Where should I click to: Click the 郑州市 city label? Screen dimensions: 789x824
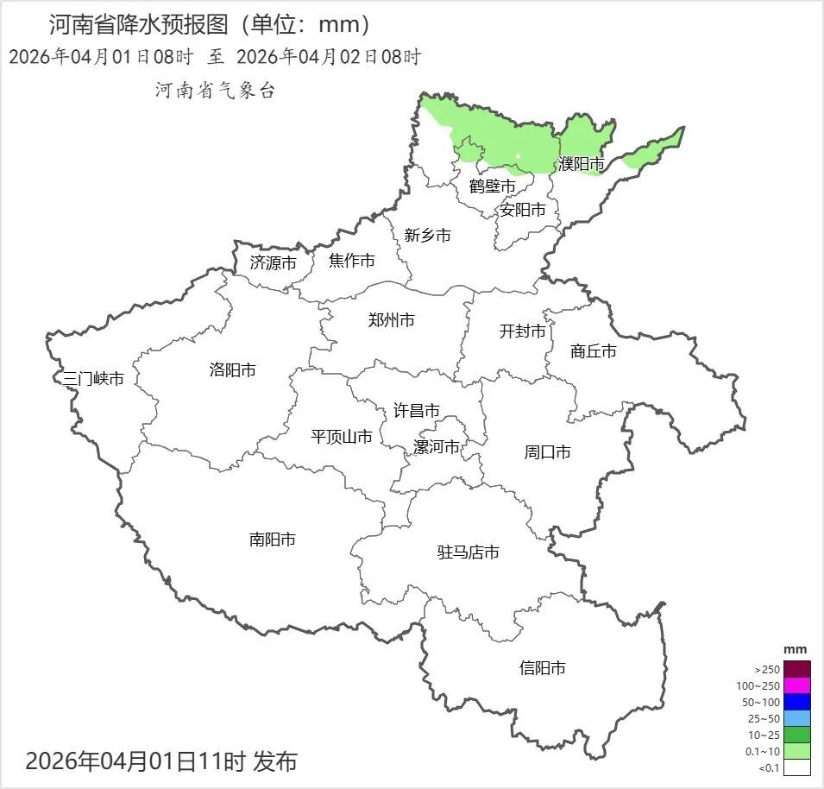(x=391, y=320)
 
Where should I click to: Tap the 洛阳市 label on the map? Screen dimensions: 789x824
(x=232, y=370)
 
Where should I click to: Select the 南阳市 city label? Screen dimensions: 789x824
(x=272, y=540)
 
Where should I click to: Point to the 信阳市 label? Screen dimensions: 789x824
(x=543, y=667)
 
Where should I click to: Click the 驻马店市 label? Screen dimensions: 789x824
(x=468, y=552)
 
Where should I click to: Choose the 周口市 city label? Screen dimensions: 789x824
(x=547, y=452)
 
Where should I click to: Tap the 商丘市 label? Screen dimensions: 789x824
(x=593, y=351)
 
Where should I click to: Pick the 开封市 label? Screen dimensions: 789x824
(x=522, y=331)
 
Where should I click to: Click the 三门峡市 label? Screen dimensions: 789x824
(x=93, y=379)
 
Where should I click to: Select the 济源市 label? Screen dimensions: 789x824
(x=273, y=263)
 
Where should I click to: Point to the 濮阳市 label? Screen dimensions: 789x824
(x=581, y=164)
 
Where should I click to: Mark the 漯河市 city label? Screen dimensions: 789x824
(x=436, y=447)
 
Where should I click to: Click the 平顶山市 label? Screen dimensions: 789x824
(x=341, y=437)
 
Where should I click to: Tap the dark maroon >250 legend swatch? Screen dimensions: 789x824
(x=797, y=669)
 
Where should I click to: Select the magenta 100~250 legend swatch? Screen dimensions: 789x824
(x=797, y=685)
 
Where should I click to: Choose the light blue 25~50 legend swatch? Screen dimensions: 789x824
(x=797, y=718)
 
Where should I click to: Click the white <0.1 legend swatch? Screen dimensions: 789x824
(x=797, y=767)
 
